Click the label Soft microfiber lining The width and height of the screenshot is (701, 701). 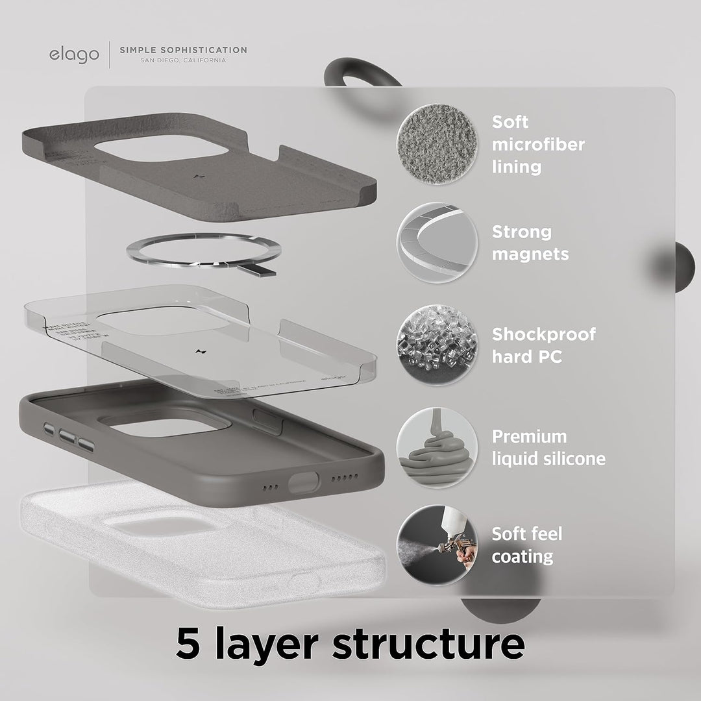(x=537, y=144)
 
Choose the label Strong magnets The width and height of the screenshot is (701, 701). (x=530, y=243)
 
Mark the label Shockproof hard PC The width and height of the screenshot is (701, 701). (x=543, y=345)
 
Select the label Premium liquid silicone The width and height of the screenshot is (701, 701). (x=548, y=447)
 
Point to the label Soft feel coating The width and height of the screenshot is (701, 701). (x=526, y=545)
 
